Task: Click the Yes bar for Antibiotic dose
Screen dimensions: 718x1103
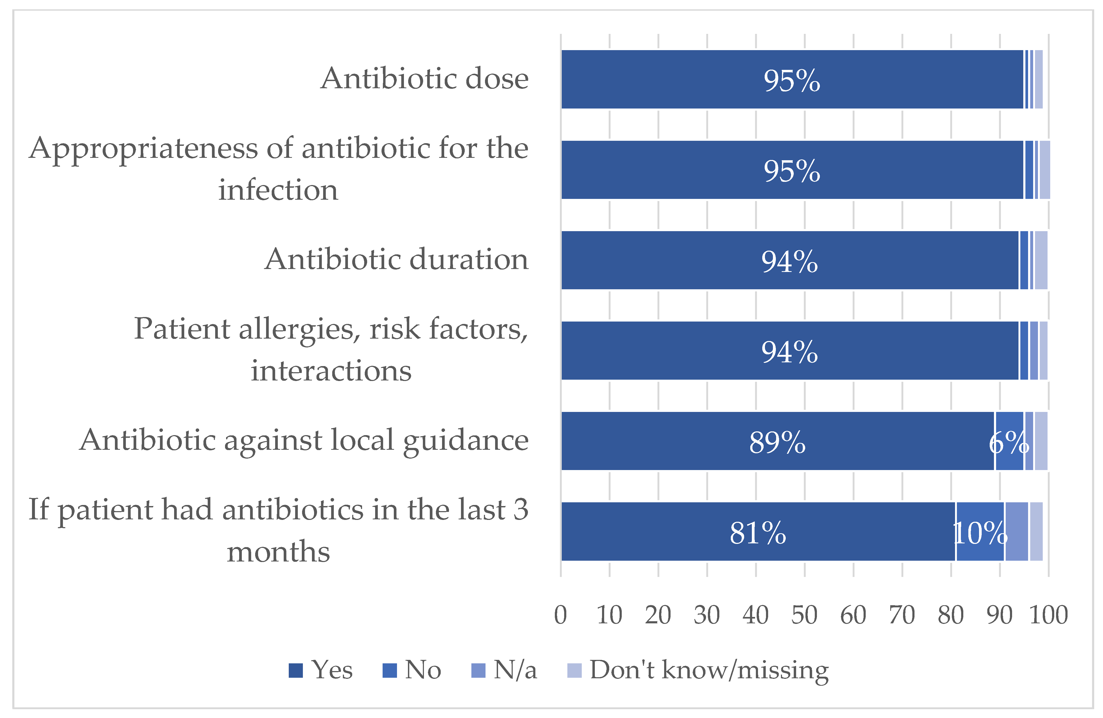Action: tap(695, 79)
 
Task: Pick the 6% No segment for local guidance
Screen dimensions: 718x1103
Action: tap(1009, 441)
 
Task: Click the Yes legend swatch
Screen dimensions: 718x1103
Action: tap(296, 670)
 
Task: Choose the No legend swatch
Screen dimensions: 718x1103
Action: tap(390, 670)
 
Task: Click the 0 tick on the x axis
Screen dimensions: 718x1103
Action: tap(560, 615)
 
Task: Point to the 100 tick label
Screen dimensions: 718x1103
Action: tap(1048, 615)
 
